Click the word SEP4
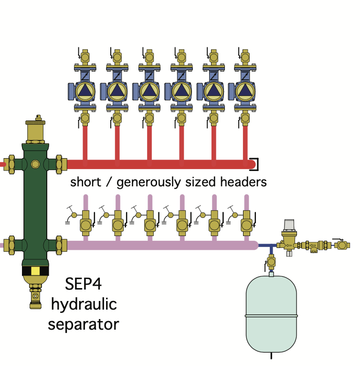pyautogui.click(x=83, y=284)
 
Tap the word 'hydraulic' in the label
pyautogui.click(x=84, y=305)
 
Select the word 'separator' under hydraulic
pyautogui.click(x=84, y=325)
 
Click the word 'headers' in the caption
pyautogui.click(x=244, y=182)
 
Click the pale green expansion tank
pyautogui.click(x=271, y=314)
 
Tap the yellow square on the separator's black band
pyautogui.click(x=35, y=271)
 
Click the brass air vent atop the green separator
pyautogui.click(x=35, y=129)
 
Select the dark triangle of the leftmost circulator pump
pyautogui.click(x=85, y=91)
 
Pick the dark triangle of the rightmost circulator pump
pyautogui.click(x=245, y=91)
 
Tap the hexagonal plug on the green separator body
pyautogui.click(x=35, y=164)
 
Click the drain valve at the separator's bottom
pyautogui.click(x=35, y=296)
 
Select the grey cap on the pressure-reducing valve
pyautogui.click(x=289, y=224)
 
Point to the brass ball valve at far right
pyautogui.click(x=342, y=245)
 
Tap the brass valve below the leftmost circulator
pyautogui.click(x=85, y=118)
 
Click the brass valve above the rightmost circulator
pyautogui.click(x=245, y=57)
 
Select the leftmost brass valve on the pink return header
pyautogui.click(x=85, y=224)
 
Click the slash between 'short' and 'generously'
pyautogui.click(x=108, y=182)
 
